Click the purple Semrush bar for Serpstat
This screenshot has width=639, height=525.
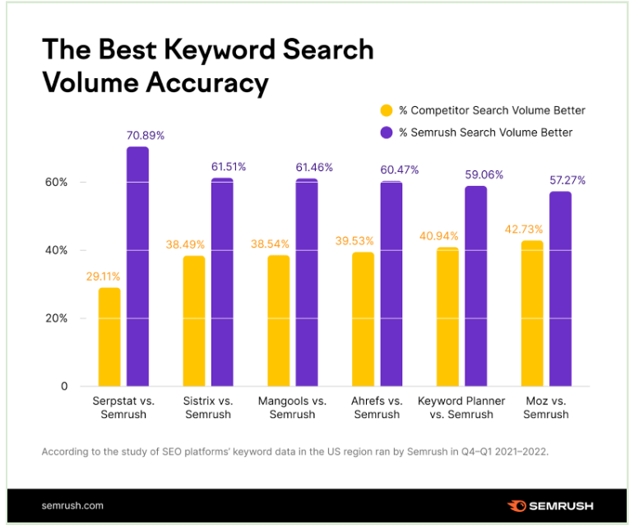click(x=137, y=266)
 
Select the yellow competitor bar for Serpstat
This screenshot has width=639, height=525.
click(x=109, y=336)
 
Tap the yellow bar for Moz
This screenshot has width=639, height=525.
click(x=532, y=313)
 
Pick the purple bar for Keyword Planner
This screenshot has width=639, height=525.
click(x=475, y=286)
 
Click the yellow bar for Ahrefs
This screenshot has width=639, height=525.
click(x=363, y=318)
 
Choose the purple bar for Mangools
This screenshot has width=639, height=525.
click(x=307, y=281)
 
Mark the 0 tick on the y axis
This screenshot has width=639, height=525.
click(x=63, y=387)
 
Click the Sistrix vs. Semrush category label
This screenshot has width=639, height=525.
click(x=208, y=407)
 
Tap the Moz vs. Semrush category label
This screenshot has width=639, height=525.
click(x=546, y=407)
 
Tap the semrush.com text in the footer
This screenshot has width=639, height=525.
click(x=72, y=505)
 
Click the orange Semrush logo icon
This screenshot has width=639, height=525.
click(x=517, y=505)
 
